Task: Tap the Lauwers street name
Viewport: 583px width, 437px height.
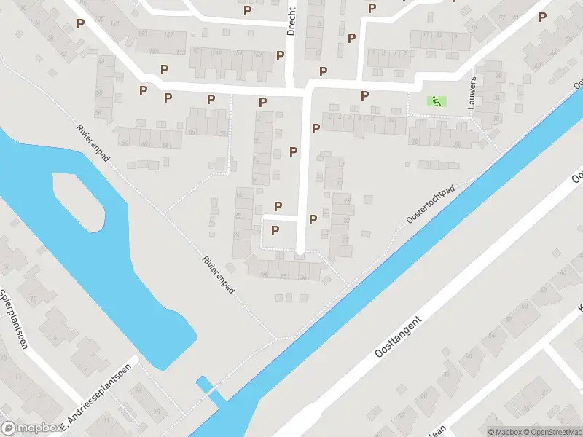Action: click(474, 90)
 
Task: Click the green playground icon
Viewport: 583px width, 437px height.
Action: click(437, 101)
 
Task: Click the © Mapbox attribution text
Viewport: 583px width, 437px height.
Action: click(504, 432)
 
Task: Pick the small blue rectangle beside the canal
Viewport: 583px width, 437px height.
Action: click(203, 383)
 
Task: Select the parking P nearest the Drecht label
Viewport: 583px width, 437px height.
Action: click(280, 55)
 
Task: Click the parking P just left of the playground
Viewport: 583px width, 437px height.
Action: click(364, 95)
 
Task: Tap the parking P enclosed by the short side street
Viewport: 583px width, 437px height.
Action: click(275, 231)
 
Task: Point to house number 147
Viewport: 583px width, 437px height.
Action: click(169, 35)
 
